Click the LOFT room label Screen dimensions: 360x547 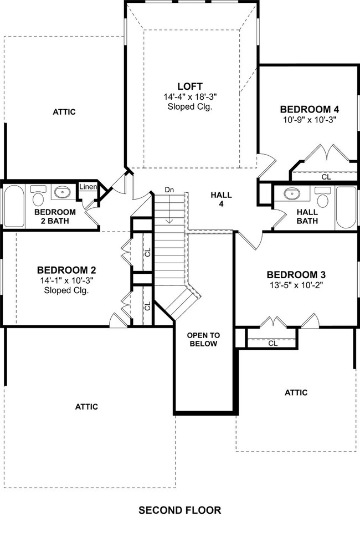pyautogui.click(x=190, y=86)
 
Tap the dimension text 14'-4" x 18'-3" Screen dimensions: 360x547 pyautogui.click(x=190, y=96)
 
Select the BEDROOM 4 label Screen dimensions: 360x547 pyautogui.click(x=310, y=110)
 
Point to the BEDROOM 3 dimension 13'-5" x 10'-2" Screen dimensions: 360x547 pyautogui.click(x=297, y=285)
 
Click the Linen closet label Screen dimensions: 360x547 pyautogui.click(x=88, y=187)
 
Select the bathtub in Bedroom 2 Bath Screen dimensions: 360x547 pyautogui.click(x=14, y=206)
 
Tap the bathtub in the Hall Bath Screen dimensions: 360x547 pyautogui.click(x=346, y=207)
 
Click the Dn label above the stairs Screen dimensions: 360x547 pyautogui.click(x=169, y=190)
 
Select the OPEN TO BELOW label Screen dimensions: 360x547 pyautogui.click(x=203, y=339)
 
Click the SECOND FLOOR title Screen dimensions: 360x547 pyautogui.click(x=180, y=510)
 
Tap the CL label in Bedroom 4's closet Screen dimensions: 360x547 pyautogui.click(x=326, y=177)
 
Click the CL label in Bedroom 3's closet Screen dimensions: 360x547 pyautogui.click(x=273, y=343)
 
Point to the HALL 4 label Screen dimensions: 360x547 pyautogui.click(x=222, y=199)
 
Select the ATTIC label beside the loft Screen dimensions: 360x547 pyautogui.click(x=64, y=112)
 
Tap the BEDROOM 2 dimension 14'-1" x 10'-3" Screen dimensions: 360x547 pyautogui.click(x=67, y=280)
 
